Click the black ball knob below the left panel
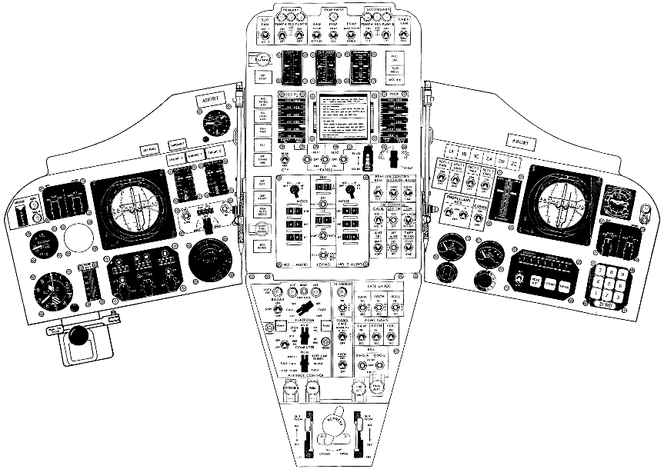coord(77,335)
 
